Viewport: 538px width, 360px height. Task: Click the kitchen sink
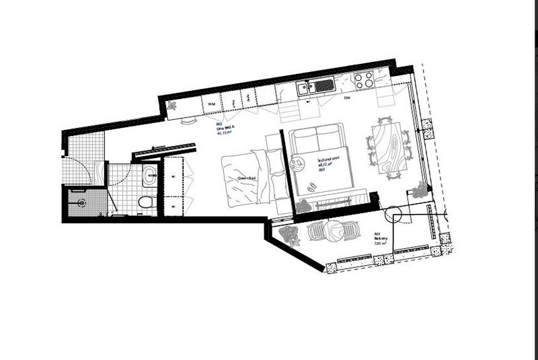pos(317,86)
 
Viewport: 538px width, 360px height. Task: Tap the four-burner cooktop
pos(364,81)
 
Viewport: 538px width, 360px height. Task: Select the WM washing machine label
pos(211,104)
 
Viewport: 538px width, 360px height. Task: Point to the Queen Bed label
pos(246,178)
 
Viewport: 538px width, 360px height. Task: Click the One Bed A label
pos(223,129)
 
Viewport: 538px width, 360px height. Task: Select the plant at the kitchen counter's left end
pos(173,106)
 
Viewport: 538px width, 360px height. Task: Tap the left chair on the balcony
pos(317,231)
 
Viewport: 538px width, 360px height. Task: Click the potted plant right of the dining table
pos(420,190)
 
